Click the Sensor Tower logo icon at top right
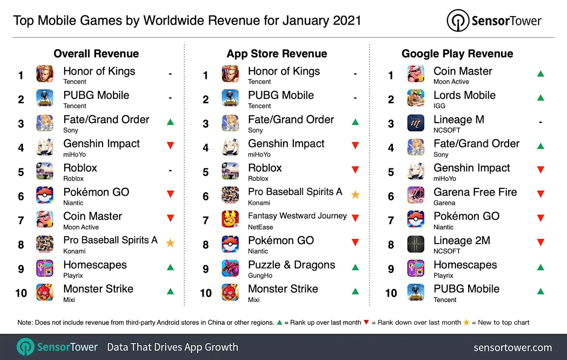pyautogui.click(x=458, y=20)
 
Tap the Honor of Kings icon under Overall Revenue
pyautogui.click(x=45, y=74)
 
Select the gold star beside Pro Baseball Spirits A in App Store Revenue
pyautogui.click(x=355, y=195)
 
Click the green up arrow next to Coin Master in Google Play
pyautogui.click(x=541, y=74)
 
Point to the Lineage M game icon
pyautogui.click(x=416, y=123)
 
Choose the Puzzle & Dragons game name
pyautogui.click(x=291, y=265)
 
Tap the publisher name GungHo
pyautogui.click(x=260, y=276)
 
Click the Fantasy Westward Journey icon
pyautogui.click(x=230, y=219)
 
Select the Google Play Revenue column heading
pyautogui.click(x=457, y=54)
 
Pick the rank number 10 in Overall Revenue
pyautogui.click(x=21, y=293)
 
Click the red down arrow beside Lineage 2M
pyautogui.click(x=541, y=242)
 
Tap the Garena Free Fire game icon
pyautogui.click(x=416, y=195)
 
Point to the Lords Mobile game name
pyautogui.click(x=464, y=95)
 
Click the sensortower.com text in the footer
pyautogui.click(x=512, y=347)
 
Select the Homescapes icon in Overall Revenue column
pyautogui.click(x=45, y=268)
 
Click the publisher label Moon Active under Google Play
pyautogui.click(x=451, y=82)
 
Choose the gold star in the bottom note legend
pyautogui.click(x=466, y=323)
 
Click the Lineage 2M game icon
pyautogui.click(x=416, y=244)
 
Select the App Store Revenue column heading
pyautogui.click(x=276, y=54)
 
